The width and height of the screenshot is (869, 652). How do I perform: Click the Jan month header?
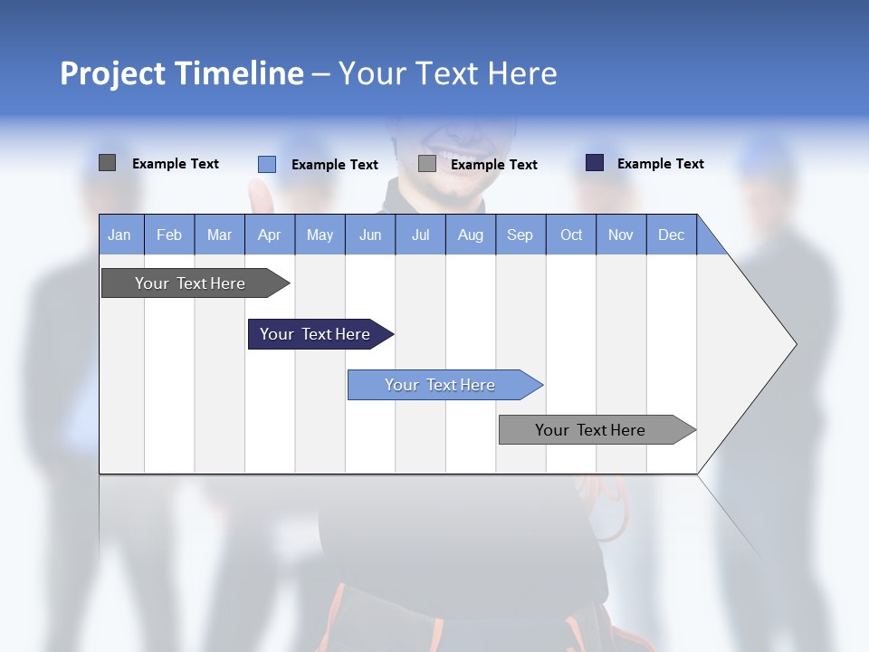(119, 235)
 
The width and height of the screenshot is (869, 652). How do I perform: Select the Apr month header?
(269, 235)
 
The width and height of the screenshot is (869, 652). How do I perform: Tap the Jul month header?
(420, 235)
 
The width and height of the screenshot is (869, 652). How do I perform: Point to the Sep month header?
(520, 235)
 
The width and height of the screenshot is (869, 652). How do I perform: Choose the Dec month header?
(671, 235)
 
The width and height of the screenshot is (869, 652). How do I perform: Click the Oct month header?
(571, 235)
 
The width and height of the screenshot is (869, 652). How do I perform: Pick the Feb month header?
(169, 235)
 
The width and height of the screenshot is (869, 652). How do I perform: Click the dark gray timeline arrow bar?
(190, 283)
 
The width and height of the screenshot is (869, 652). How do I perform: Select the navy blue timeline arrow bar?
(315, 334)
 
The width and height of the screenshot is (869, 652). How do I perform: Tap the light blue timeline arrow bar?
(440, 385)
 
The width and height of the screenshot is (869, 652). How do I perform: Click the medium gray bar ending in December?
(590, 430)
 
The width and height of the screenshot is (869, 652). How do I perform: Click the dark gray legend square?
(107, 163)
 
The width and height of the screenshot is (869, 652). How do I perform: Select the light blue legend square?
(266, 164)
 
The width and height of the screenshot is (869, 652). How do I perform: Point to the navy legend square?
(594, 163)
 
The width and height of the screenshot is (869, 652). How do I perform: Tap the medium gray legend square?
(427, 164)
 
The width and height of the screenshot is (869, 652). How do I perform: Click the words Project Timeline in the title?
(181, 73)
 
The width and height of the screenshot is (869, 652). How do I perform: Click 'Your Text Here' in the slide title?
(447, 73)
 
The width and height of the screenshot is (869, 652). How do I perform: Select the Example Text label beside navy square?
(660, 163)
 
